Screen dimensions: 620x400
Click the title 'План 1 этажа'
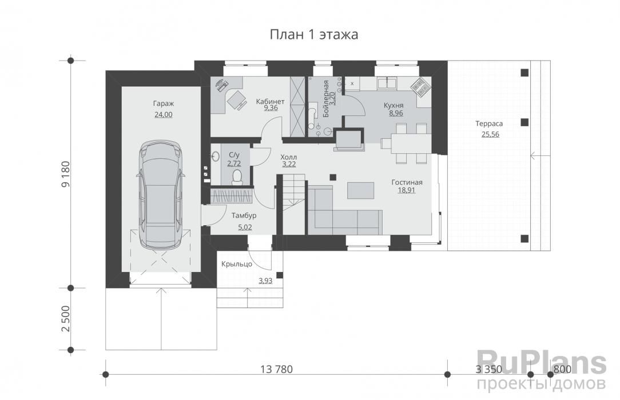314,35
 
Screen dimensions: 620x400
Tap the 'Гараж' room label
164,103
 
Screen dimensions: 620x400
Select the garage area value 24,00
164,114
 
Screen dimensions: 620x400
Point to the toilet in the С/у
237,177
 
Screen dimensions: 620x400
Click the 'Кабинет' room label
270,102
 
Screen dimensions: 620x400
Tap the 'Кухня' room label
394,106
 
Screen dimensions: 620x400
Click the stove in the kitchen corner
420,87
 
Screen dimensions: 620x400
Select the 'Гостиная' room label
407,182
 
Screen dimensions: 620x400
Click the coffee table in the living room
360,190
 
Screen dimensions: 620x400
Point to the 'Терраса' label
489,123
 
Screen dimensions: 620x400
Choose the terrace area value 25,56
490,134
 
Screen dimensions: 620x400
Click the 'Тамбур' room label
244,215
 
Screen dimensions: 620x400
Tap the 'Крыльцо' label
237,264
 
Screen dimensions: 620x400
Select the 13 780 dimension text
277,369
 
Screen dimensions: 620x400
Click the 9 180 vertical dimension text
66,174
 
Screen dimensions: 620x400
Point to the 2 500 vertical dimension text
66,319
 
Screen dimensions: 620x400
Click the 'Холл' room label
289,157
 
